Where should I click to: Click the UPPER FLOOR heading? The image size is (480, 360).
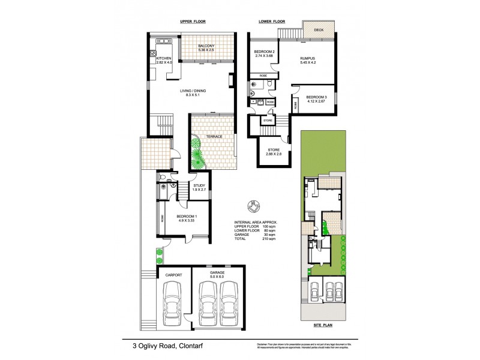tap(193, 22)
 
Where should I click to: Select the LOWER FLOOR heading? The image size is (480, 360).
tap(271, 22)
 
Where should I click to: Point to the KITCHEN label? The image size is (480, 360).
tap(164, 59)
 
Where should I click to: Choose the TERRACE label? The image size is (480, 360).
tap(214, 137)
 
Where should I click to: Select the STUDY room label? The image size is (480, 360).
tap(199, 186)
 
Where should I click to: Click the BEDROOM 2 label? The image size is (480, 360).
tap(265, 52)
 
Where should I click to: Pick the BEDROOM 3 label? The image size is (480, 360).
tap(316, 97)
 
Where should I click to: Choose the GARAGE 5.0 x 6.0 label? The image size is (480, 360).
tap(217, 275)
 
